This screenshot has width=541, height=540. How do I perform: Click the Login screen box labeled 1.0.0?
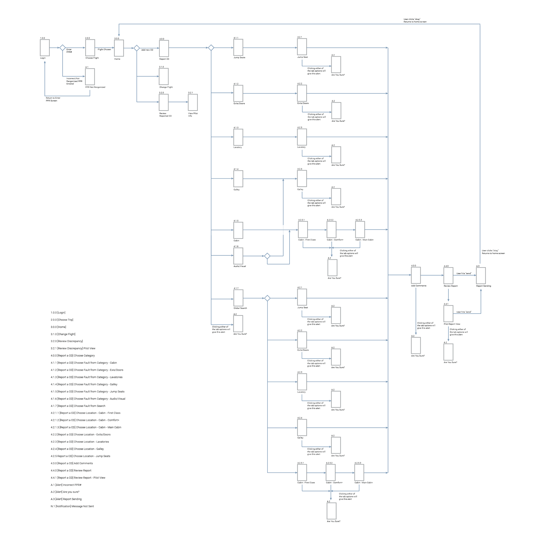pyautogui.click(x=45, y=48)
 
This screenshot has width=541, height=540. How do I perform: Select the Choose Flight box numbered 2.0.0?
pyautogui.click(x=90, y=48)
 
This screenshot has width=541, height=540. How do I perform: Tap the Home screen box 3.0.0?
pyautogui.click(x=119, y=48)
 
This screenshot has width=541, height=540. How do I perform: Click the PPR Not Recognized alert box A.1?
pyautogui.click(x=90, y=76)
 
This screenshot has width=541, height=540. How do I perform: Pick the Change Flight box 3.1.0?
pyautogui.click(x=164, y=76)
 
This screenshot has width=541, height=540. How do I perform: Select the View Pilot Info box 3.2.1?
pyautogui.click(x=193, y=102)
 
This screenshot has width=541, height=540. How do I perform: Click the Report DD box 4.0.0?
pyautogui.click(x=164, y=48)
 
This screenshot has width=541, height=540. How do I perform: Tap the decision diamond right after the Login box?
pyautogui.click(x=63, y=48)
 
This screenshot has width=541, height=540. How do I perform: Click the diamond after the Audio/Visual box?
pyautogui.click(x=267, y=256)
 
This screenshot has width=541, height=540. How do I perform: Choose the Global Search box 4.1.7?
pyautogui.click(x=238, y=298)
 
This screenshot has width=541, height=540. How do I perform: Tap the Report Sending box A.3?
pyautogui.click(x=481, y=276)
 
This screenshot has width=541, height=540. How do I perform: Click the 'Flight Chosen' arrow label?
pyautogui.click(x=104, y=50)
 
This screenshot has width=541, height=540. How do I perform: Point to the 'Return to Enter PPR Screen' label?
pyautogui.click(x=53, y=99)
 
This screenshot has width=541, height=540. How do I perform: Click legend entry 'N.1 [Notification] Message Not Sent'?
pyautogui.click(x=72, y=506)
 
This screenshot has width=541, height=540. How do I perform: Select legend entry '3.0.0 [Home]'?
pyautogui.click(x=58, y=327)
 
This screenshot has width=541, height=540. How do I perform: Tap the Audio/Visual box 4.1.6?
pyautogui.click(x=238, y=256)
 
